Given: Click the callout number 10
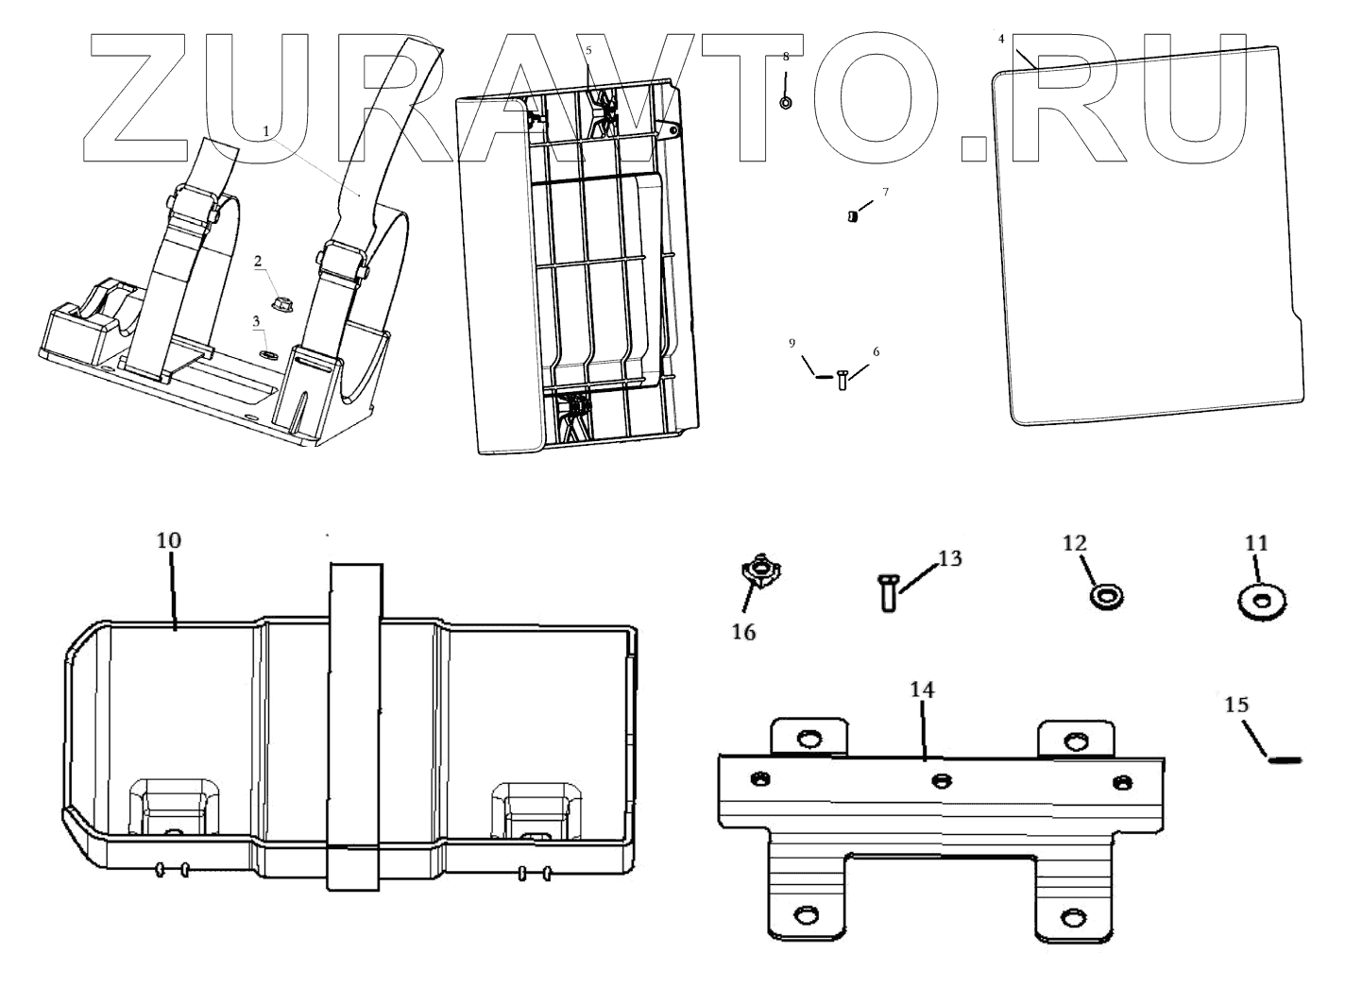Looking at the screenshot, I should coord(169,540).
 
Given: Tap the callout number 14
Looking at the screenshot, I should coord(922,690).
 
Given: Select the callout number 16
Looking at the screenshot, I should coord(744,632).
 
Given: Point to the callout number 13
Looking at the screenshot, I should coord(949,558).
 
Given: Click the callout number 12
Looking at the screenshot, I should coord(1075,543).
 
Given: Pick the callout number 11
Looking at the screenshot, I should coord(1256,543).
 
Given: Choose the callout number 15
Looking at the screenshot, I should coord(1236,705).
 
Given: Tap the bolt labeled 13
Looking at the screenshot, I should coord(886,592).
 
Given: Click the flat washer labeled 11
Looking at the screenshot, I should coord(1258,602).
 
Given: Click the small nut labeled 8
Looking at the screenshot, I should coord(786,102).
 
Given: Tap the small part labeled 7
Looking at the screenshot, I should coord(852,216).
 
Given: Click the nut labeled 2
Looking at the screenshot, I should coord(279,304).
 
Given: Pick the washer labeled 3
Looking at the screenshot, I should coord(268,354).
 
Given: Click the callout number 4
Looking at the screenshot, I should coord(1001,39).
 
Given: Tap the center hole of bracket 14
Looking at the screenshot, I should coord(940,780).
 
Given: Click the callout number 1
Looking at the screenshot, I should coord(266,130).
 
